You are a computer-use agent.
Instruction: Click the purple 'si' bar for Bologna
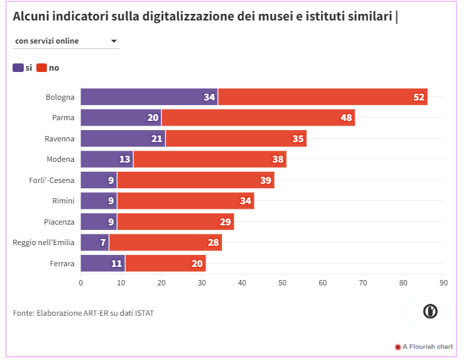[x=149, y=96]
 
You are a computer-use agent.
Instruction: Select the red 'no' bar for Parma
[x=258, y=118]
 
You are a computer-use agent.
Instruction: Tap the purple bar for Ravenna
[x=123, y=138]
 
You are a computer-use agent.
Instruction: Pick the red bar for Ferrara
[x=165, y=263]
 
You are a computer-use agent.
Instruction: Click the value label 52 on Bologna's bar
[x=419, y=97]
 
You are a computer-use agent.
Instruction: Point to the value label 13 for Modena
[x=124, y=159]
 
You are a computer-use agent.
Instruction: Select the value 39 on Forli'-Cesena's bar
[x=266, y=180]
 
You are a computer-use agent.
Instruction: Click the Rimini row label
[x=63, y=201]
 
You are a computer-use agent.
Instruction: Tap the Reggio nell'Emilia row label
[x=44, y=242]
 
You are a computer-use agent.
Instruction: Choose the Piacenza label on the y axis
[x=59, y=221]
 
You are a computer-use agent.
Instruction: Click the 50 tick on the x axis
[x=282, y=283]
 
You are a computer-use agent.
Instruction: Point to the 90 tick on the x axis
[x=443, y=283]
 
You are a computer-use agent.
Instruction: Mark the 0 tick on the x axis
[x=81, y=283]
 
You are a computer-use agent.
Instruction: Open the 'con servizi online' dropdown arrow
[x=114, y=41]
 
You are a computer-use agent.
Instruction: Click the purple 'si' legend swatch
[x=18, y=67]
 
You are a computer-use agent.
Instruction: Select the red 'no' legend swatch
[x=42, y=67]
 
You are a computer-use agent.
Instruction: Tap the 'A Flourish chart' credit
[x=427, y=346]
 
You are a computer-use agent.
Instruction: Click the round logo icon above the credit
[x=431, y=311]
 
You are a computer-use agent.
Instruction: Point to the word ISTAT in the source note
[x=143, y=312]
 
